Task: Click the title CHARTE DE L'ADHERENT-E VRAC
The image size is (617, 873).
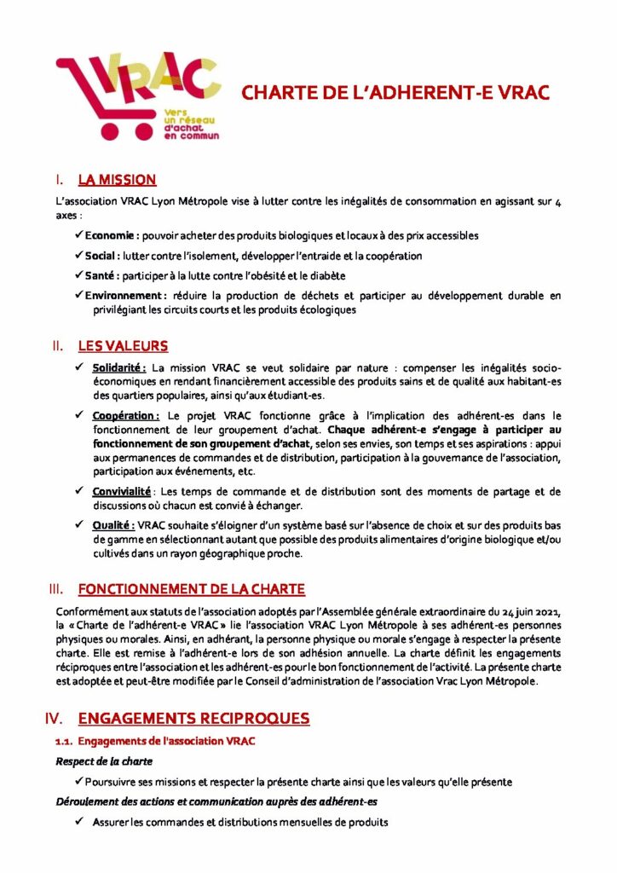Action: (395, 93)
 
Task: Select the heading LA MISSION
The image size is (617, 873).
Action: (117, 180)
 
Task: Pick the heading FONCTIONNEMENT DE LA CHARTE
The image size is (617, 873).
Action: (191, 589)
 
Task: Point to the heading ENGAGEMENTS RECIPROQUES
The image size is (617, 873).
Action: (193, 719)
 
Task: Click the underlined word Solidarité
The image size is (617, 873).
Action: (119, 367)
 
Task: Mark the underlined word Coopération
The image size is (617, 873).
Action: (125, 415)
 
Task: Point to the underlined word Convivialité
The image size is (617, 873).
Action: (122, 492)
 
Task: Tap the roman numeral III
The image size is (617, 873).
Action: (57, 589)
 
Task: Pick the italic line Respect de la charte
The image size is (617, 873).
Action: (104, 761)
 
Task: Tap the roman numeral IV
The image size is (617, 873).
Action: (55, 719)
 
